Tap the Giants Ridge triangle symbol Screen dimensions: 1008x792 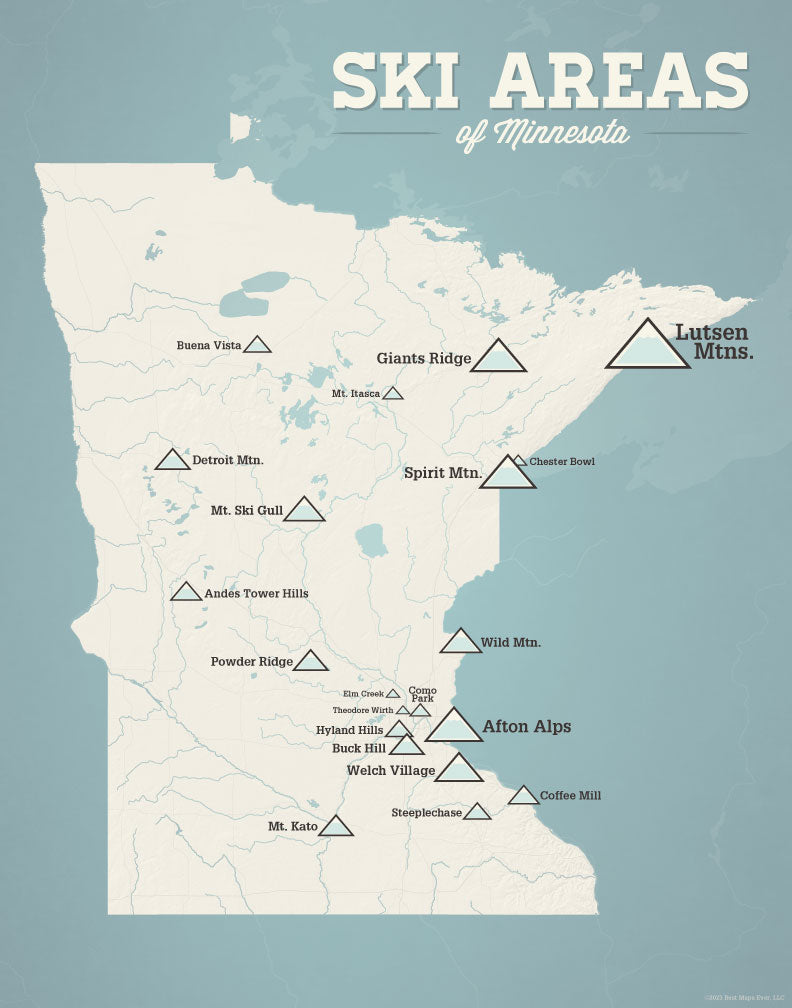pos(498,358)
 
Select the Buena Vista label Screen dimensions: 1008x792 pos(209,346)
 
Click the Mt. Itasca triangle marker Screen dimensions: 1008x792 pos(393,394)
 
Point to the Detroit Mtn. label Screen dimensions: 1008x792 pos(228,460)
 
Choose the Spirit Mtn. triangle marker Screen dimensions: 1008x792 pos(508,474)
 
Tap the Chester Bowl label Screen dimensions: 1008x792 pos(562,461)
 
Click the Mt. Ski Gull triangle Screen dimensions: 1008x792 pos(304,511)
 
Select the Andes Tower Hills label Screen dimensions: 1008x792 pos(256,593)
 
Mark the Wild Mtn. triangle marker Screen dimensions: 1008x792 pos(461,642)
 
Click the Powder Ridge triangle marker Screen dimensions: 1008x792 pos(311,662)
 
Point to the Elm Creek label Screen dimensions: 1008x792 pos(363,693)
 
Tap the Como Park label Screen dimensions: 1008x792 pos(422,693)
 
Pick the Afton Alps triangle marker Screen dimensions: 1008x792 pos(454,727)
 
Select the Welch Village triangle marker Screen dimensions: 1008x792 pos(460,769)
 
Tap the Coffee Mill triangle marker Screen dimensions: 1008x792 pos(523,796)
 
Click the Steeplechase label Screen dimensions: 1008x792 pos(426,813)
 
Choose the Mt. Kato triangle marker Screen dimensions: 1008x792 pos(336,827)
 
